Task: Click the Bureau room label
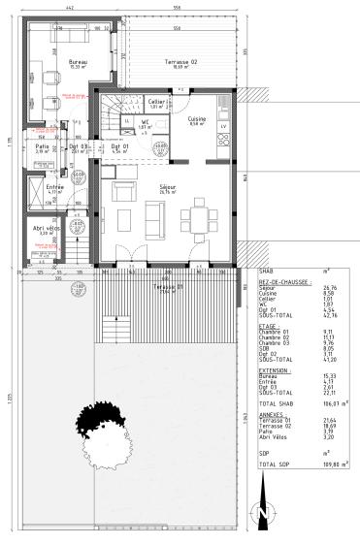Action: [78, 61]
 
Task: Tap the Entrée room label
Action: [42, 187]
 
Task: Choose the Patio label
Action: [43, 145]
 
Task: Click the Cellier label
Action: [156, 101]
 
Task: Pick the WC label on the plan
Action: [145, 122]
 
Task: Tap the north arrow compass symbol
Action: [259, 512]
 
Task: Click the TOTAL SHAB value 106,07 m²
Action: [329, 401]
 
